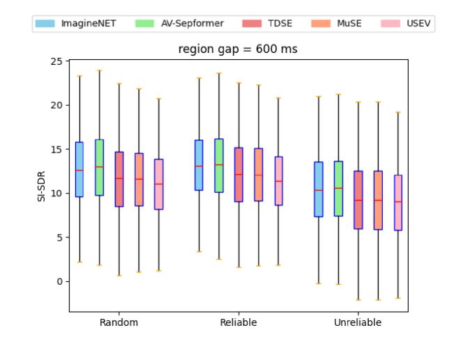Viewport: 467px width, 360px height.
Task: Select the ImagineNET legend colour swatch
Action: [45, 24]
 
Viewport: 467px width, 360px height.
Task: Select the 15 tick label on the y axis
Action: [56, 149]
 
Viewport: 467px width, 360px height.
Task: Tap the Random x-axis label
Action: [118, 322]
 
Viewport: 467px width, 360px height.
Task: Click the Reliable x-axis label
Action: [238, 322]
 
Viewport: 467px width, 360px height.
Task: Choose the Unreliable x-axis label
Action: [358, 322]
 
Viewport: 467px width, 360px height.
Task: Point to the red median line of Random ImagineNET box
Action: [79, 170]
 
